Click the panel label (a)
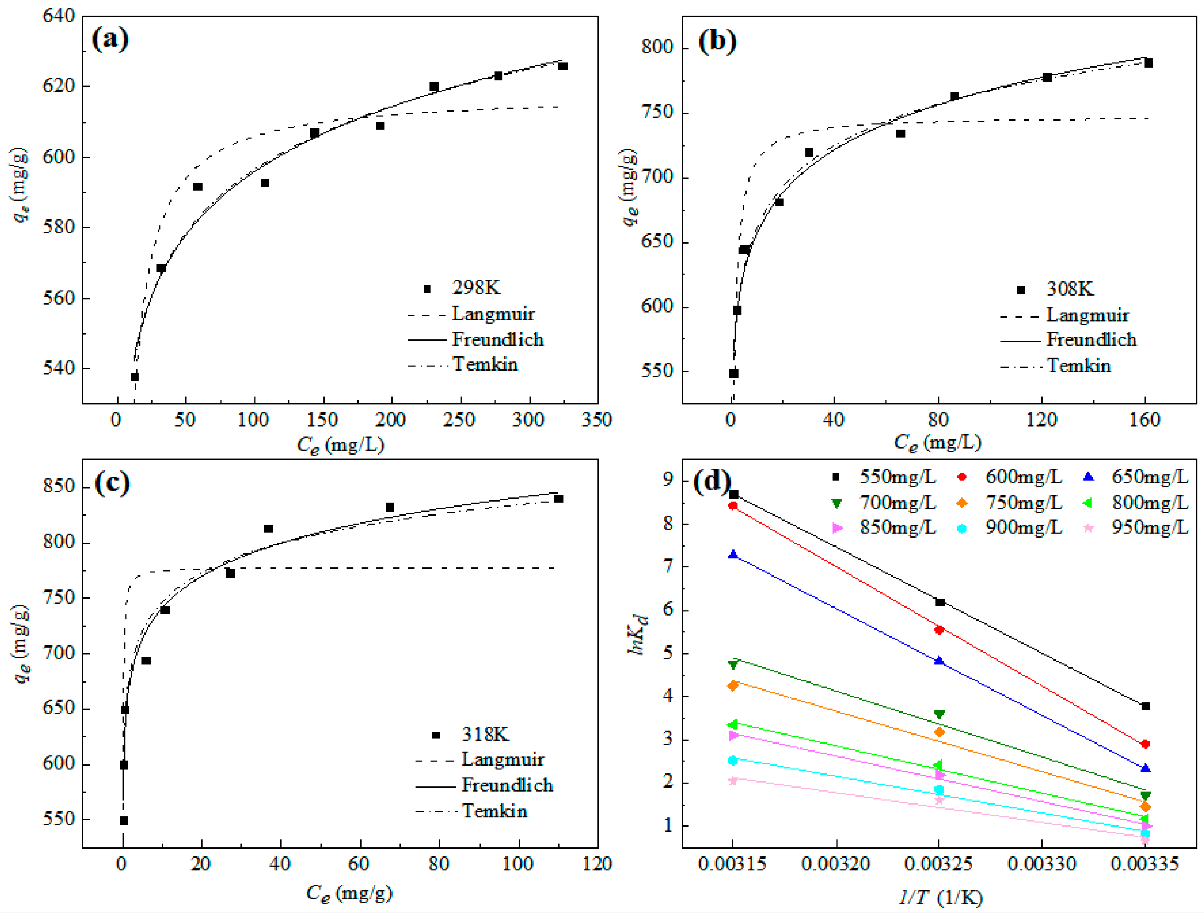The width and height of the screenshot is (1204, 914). pos(111,40)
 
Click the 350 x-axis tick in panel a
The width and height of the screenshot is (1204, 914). pos(597,419)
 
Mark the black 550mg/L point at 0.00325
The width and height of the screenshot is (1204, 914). pos(939,602)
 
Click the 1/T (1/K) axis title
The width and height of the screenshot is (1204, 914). pos(940,897)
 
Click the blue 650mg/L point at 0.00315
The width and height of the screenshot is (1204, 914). pos(733,554)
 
